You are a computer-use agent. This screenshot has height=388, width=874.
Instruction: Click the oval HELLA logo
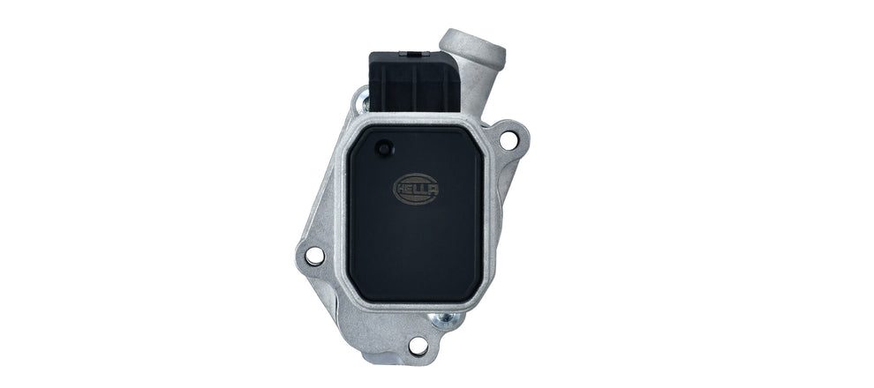pos(415,188)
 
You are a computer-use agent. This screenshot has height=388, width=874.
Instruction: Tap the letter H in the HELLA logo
pos(403,188)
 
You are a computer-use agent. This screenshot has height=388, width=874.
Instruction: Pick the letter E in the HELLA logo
pos(410,188)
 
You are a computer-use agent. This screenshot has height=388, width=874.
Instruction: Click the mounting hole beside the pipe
pos(509,139)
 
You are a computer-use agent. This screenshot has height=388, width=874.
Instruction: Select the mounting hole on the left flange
pos(314,256)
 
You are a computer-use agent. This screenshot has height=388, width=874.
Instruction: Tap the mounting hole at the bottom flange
pos(418,345)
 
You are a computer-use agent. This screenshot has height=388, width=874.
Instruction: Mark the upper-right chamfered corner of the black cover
pos(472,141)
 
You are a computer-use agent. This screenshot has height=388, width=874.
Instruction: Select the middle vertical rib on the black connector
pos(413,88)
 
